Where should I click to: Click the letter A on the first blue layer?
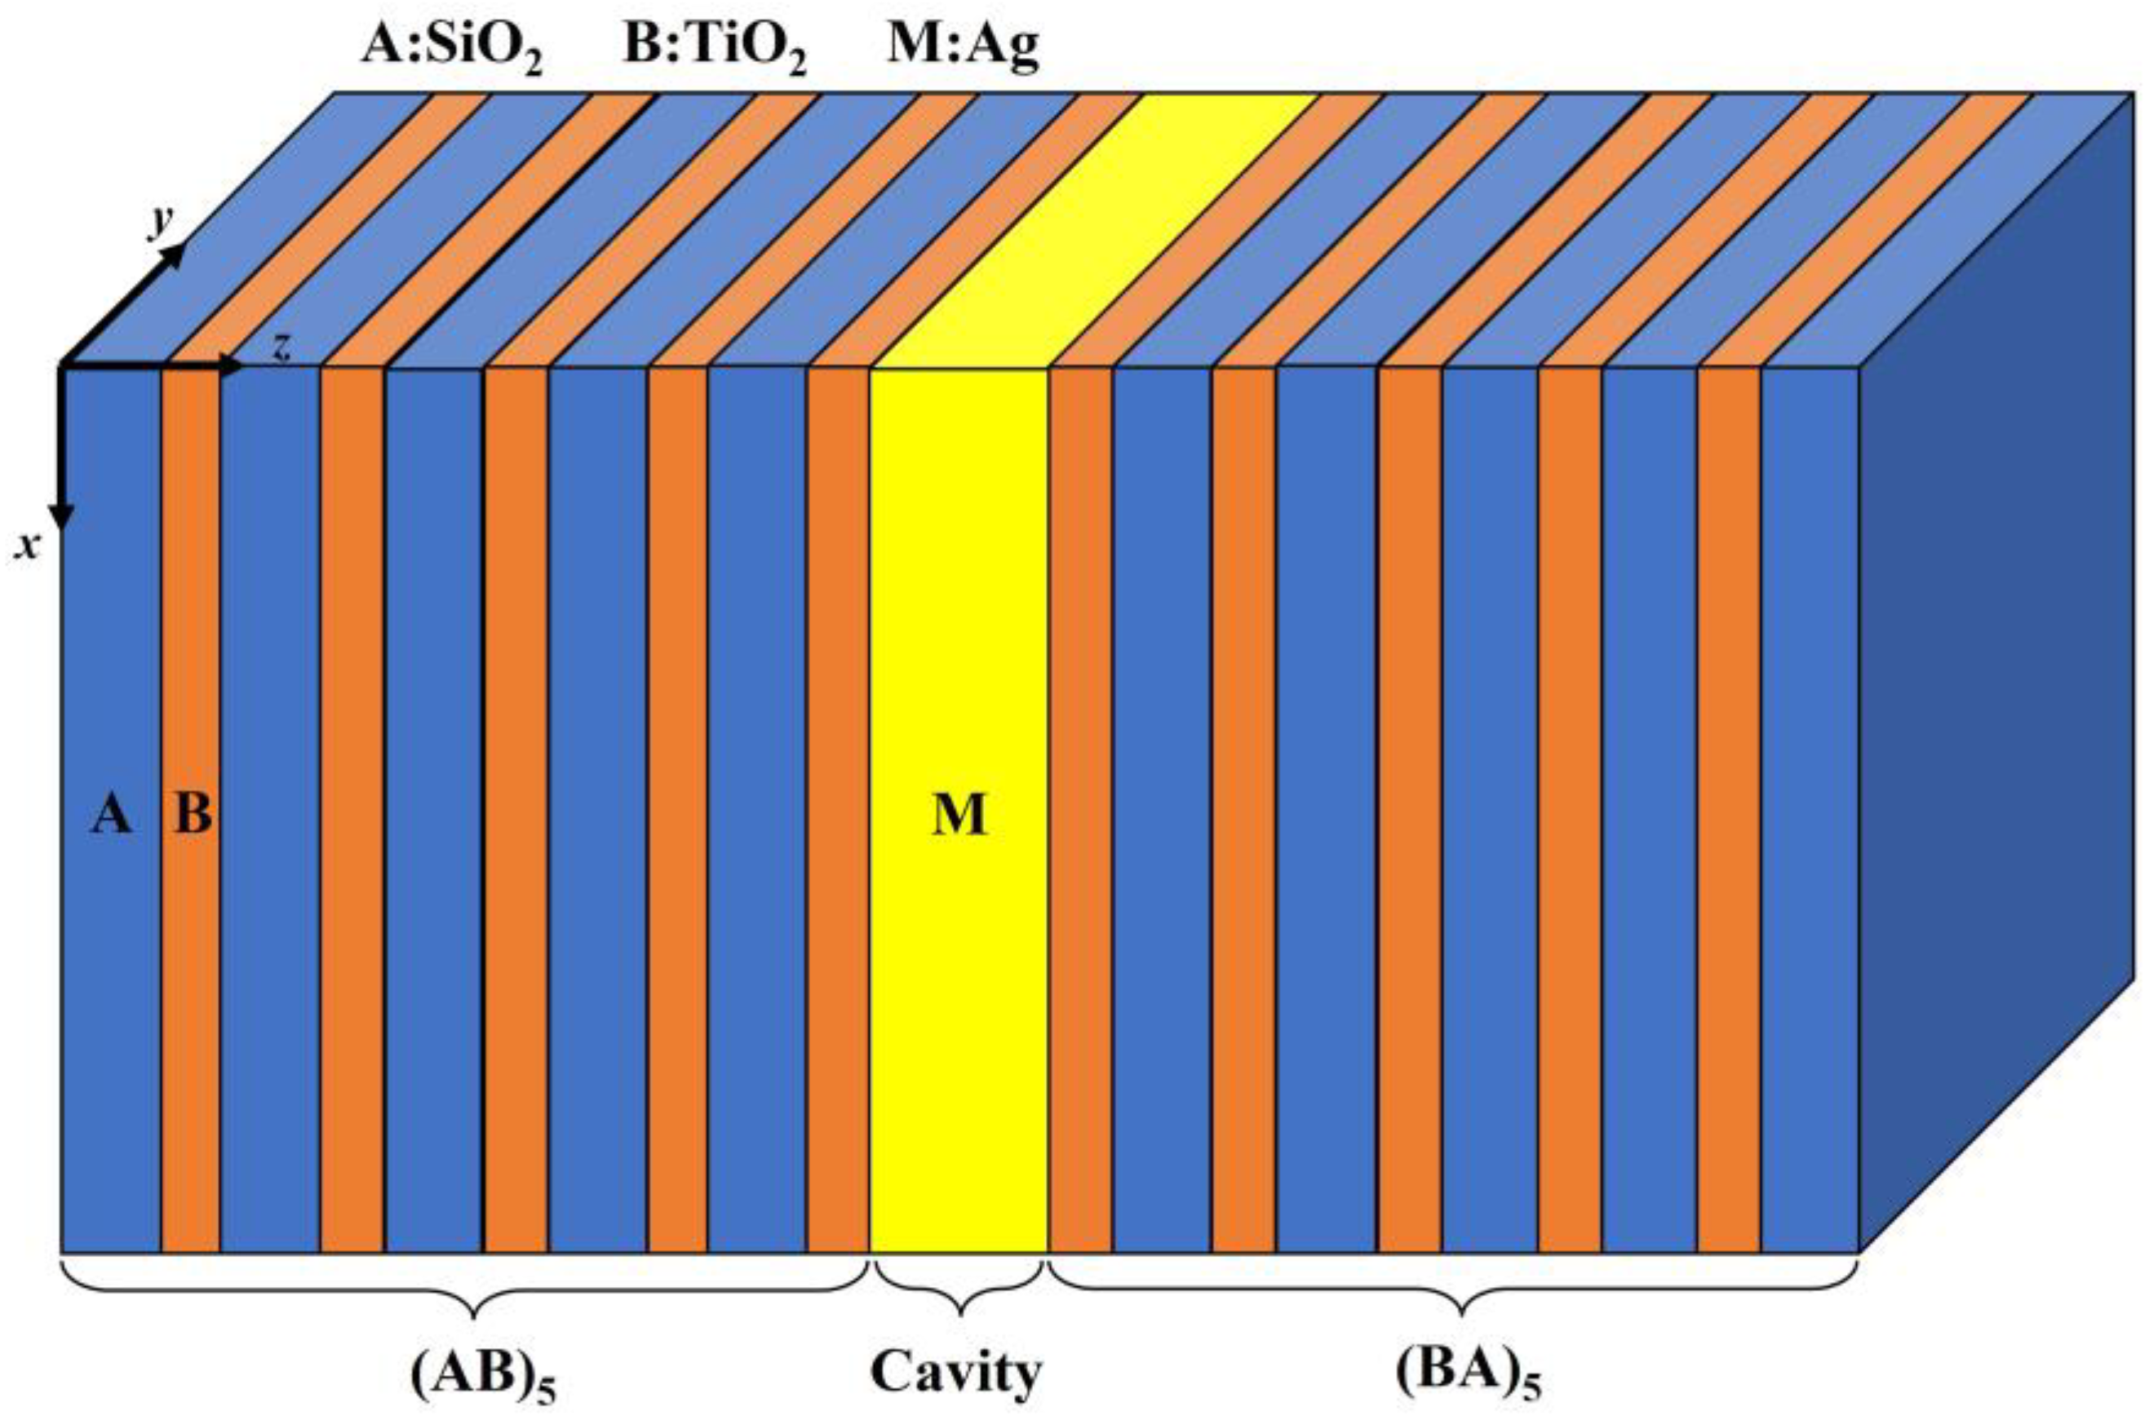[112, 815]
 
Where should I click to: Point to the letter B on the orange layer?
[192, 815]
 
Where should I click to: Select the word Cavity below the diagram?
[956, 1372]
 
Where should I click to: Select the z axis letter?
[281, 348]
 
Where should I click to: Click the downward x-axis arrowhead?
[60, 516]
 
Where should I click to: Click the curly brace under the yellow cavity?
[958, 1290]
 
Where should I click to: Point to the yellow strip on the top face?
[1096, 227]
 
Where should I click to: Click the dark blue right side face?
[2001, 724]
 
